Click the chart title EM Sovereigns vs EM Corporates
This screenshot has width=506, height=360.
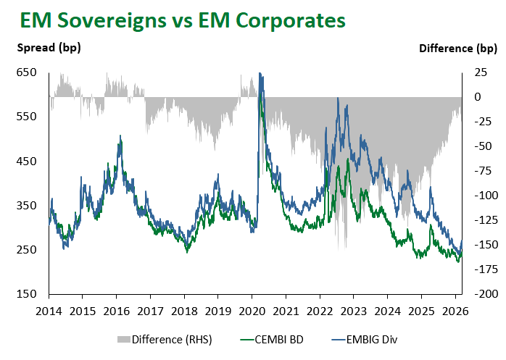click(183, 21)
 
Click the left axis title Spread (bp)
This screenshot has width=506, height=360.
click(49, 49)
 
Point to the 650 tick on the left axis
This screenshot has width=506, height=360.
click(27, 72)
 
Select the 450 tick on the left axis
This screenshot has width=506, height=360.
click(27, 162)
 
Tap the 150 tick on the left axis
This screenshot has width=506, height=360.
click(27, 294)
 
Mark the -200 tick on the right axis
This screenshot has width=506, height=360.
click(481, 294)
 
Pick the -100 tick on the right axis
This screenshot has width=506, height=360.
click(481, 196)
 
